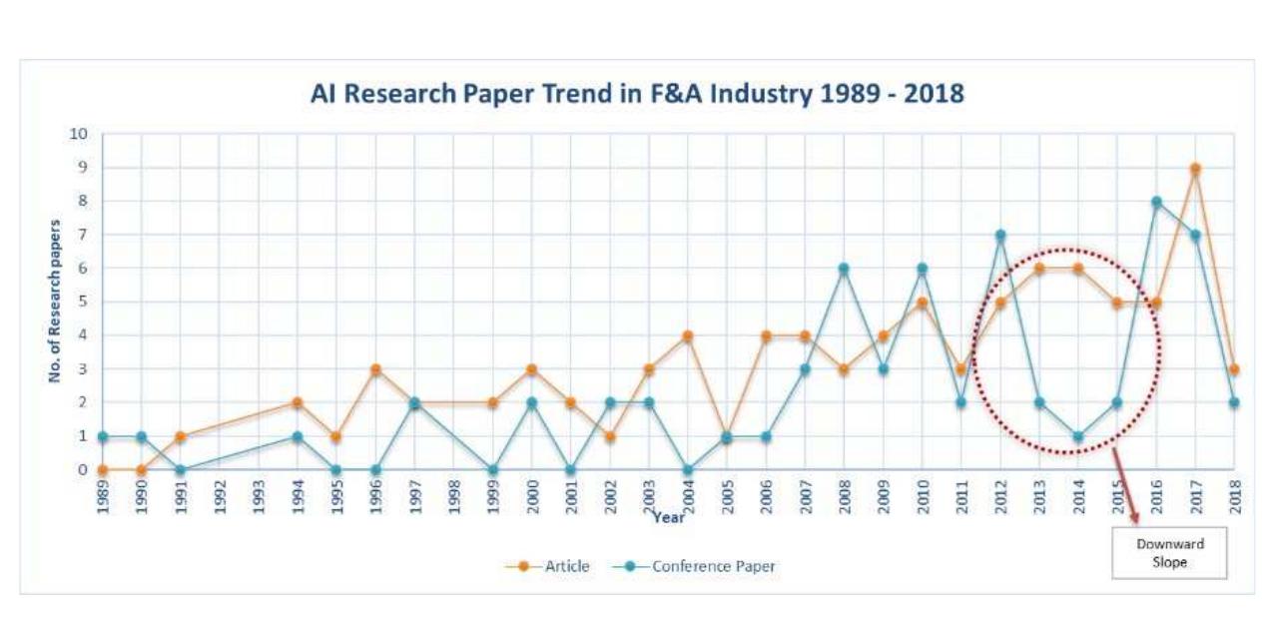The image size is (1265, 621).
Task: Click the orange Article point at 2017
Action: pyautogui.click(x=1195, y=169)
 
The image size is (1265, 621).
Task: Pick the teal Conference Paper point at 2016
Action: pyautogui.click(x=1156, y=202)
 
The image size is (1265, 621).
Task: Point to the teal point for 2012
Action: pyautogui.click(x=999, y=236)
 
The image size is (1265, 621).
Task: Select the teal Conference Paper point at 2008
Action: pyautogui.click(x=844, y=269)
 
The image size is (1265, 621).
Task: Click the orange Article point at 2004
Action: pyautogui.click(x=688, y=335)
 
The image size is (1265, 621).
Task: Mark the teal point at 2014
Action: pyautogui.click(x=1078, y=436)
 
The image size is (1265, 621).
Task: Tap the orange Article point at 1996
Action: pyautogui.click(x=375, y=369)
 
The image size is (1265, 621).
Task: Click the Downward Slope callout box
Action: pyautogui.click(x=1169, y=552)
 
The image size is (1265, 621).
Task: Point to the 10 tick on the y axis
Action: pyautogui.click(x=79, y=135)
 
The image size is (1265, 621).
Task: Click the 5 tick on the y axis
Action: pyautogui.click(x=82, y=303)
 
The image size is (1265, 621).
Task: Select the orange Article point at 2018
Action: pyautogui.click(x=1234, y=369)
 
